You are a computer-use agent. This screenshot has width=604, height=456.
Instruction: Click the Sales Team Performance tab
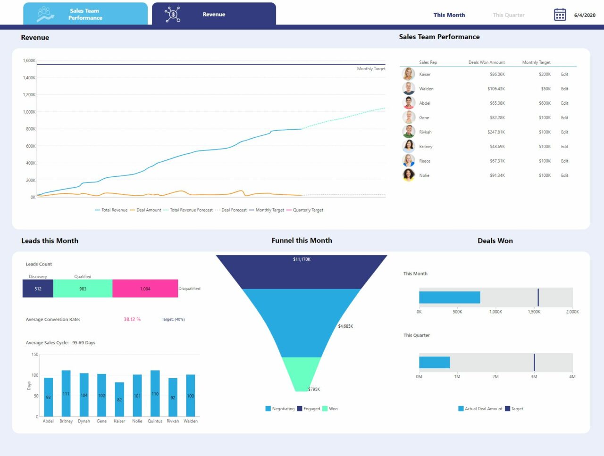[85, 14]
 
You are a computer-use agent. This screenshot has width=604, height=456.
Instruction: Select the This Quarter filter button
[508, 15]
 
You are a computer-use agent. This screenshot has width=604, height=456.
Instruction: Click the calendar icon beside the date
[560, 15]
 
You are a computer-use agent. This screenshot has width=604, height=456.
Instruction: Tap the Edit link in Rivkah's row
[564, 132]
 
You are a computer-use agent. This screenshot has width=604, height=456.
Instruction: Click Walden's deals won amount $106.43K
[496, 89]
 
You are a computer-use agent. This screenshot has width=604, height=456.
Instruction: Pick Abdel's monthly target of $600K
[545, 103]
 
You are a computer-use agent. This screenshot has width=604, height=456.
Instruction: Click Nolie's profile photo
[409, 175]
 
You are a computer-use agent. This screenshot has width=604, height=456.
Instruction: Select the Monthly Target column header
[536, 62]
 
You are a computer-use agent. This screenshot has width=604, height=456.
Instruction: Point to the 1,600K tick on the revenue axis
[29, 61]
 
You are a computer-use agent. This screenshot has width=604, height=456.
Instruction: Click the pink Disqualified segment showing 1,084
[145, 289]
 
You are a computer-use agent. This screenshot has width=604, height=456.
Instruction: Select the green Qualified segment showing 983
[83, 289]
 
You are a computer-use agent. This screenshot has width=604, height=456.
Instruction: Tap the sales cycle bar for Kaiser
[119, 399]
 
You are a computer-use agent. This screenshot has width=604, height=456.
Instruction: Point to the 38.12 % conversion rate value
[132, 319]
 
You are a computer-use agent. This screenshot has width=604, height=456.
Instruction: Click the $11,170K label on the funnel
[302, 259]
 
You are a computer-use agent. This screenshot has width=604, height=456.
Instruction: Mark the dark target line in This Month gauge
[538, 298]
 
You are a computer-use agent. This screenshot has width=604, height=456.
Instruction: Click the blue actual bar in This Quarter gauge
[434, 362]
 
